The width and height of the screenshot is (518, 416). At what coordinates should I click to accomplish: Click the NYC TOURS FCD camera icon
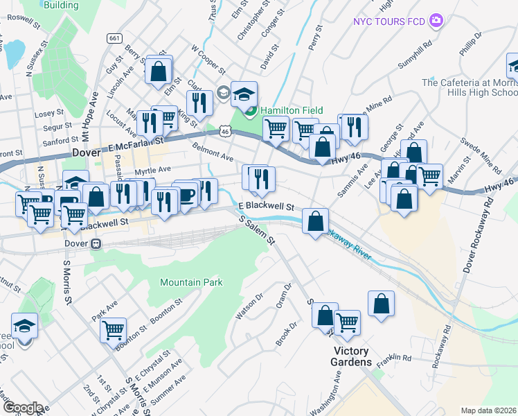436,21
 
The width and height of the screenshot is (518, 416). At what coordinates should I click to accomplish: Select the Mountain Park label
190,282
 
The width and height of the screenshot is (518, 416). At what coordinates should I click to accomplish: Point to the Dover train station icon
96,244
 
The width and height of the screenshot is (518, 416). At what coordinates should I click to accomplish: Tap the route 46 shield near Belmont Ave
223,130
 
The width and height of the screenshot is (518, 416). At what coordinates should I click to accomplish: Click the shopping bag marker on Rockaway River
315,222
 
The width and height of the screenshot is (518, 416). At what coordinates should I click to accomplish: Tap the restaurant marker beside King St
199,103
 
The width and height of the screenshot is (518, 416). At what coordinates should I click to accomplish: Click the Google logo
23,408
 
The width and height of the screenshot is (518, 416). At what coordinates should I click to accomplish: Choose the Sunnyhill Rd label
415,53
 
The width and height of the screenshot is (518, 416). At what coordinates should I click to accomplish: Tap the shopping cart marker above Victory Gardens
347,322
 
